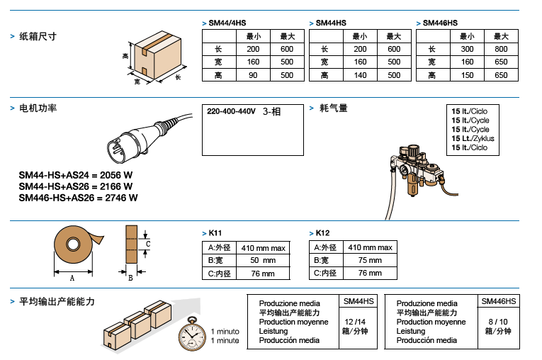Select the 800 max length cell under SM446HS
(x=501, y=49)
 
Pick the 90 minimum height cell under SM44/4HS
(x=253, y=75)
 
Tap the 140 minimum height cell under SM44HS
(x=360, y=75)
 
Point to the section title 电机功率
(x=38, y=108)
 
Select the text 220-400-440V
(x=231, y=111)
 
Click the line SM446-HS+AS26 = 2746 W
(x=78, y=198)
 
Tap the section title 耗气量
(x=334, y=108)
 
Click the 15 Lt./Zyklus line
(x=473, y=138)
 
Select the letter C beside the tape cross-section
(x=147, y=244)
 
